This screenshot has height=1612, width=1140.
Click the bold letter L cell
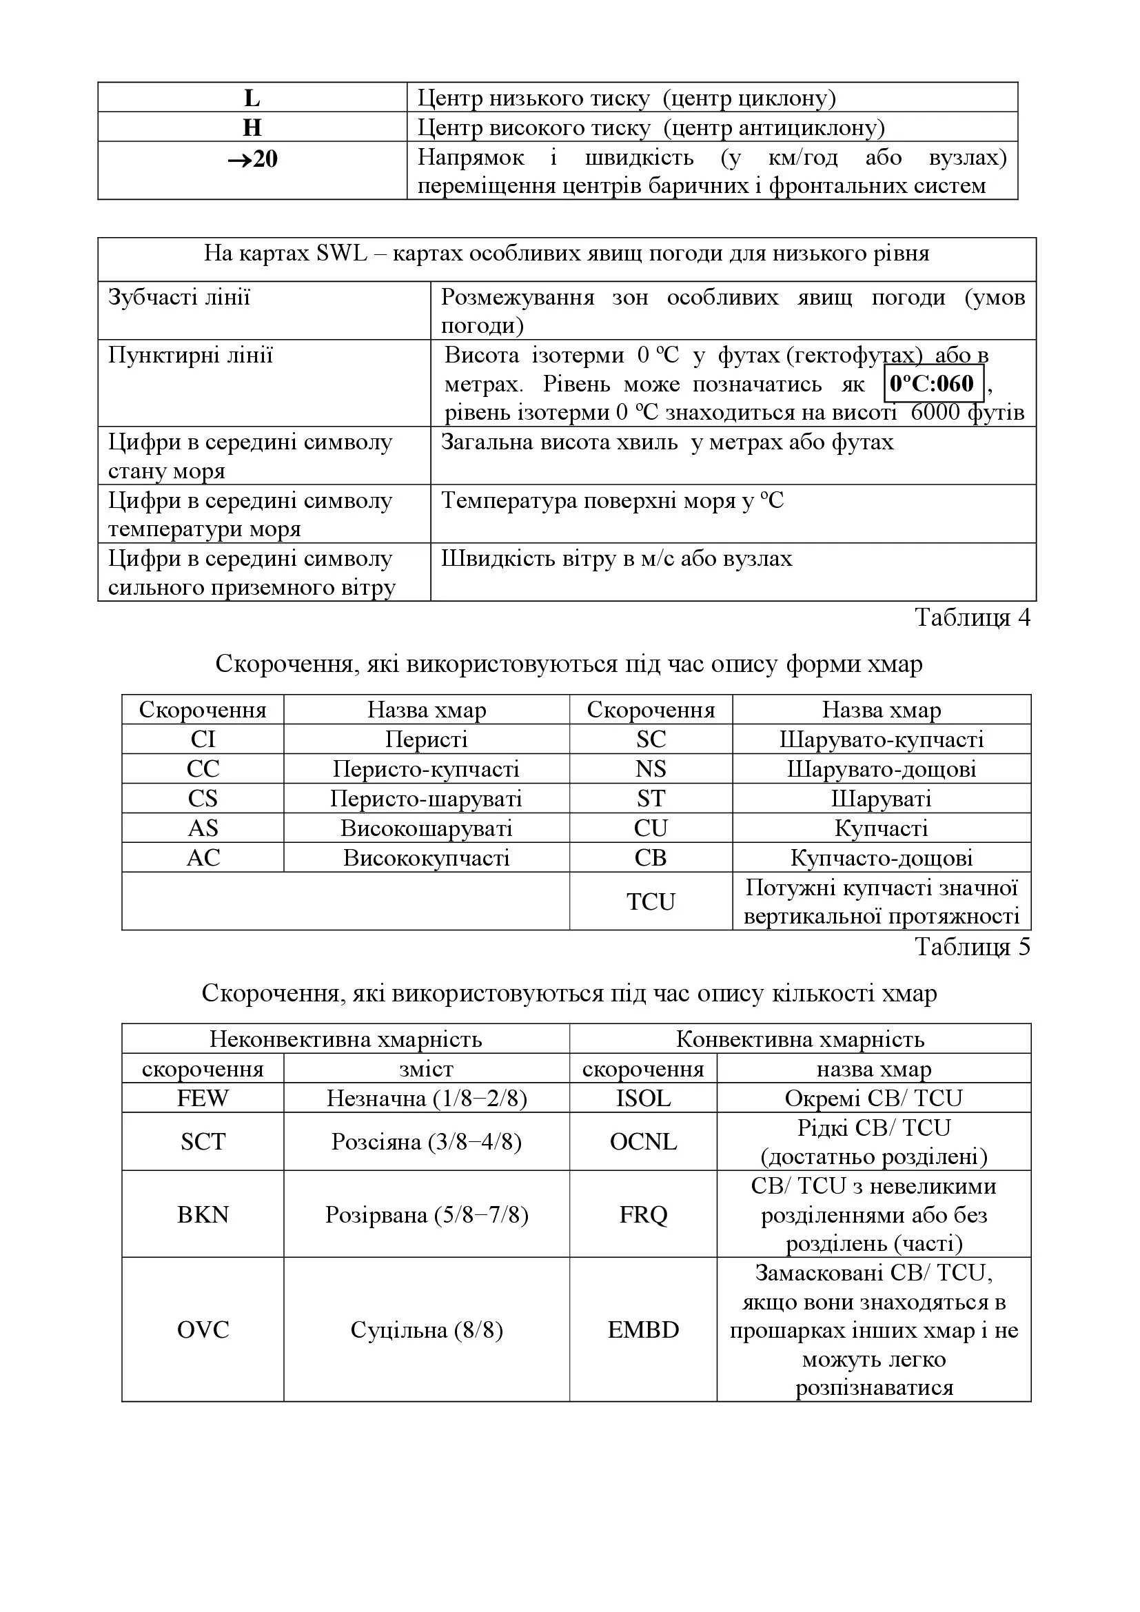click(x=252, y=99)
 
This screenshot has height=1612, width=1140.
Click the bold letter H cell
click(x=252, y=127)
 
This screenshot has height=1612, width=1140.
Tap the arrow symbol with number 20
click(x=252, y=159)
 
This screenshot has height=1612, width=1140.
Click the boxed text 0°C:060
click(x=933, y=383)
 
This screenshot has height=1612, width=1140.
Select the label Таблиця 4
click(x=973, y=617)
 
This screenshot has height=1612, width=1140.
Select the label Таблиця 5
click(x=973, y=947)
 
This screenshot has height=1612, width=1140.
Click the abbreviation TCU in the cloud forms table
click(x=651, y=901)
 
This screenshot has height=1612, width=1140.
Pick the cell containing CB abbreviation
click(x=651, y=858)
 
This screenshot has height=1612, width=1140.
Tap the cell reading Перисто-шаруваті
click(x=426, y=799)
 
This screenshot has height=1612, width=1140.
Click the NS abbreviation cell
click(x=651, y=770)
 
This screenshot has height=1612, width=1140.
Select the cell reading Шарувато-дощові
click(x=882, y=770)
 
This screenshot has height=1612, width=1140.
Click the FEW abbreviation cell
click(x=203, y=1098)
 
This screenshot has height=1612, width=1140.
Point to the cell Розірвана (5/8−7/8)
click(x=426, y=1214)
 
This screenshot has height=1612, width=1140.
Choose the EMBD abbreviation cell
click(x=643, y=1329)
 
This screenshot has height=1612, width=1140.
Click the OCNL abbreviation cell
click(x=643, y=1141)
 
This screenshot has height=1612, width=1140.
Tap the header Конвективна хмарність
click(x=800, y=1039)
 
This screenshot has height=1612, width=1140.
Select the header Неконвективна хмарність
click(x=345, y=1039)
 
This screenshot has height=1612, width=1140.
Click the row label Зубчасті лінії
click(x=180, y=297)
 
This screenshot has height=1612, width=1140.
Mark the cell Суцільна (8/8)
click(x=426, y=1329)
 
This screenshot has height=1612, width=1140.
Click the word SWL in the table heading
click(x=342, y=254)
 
